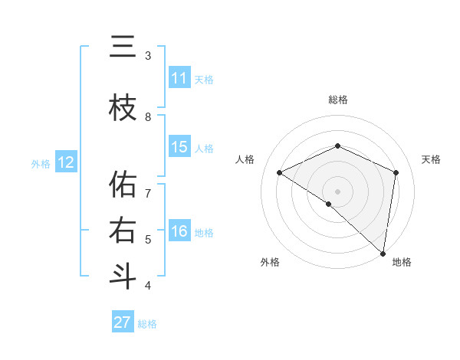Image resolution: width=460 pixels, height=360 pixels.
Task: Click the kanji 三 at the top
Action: click(123, 47)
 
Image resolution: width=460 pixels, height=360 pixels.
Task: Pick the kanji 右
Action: click(123, 231)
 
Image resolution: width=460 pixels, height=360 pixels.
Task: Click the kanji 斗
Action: click(123, 277)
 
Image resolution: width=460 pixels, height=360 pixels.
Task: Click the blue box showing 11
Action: click(179, 78)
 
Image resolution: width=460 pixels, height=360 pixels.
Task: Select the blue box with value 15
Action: click(179, 147)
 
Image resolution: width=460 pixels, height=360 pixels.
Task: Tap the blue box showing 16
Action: click(179, 231)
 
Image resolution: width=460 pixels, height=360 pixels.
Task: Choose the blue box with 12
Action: click(66, 162)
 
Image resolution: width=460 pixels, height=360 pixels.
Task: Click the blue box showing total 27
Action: click(123, 322)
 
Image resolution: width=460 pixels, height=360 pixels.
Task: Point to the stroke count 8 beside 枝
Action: click(148, 116)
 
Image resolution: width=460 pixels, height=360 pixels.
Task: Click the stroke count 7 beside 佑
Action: click(148, 185)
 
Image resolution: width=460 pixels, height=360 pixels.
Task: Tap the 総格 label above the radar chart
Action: click(337, 100)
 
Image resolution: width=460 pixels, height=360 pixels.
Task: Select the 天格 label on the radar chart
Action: click(431, 159)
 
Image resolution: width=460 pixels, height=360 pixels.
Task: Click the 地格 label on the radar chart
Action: click(402, 262)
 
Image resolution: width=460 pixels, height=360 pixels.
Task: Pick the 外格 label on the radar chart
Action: click(269, 262)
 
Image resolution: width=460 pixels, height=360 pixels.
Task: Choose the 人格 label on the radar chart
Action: click(245, 159)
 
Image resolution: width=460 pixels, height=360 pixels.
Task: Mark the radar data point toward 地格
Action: click(383, 253)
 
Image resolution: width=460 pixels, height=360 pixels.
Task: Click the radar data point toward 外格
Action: click(329, 204)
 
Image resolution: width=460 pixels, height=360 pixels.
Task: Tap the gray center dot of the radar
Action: click(337, 191)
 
